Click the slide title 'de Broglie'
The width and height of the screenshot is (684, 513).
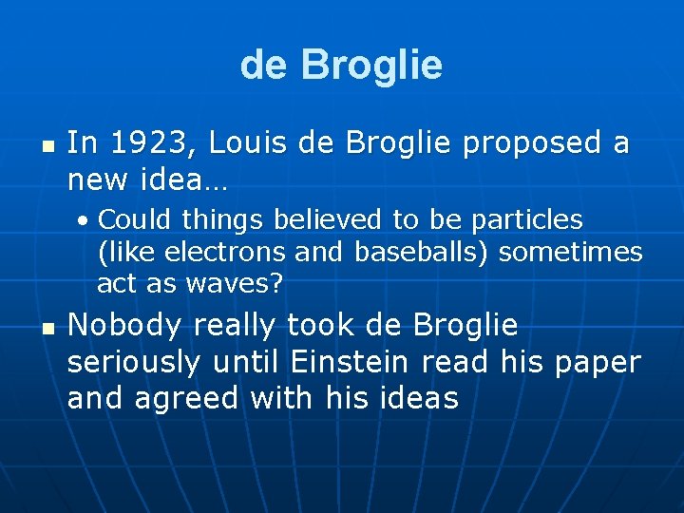point(341,65)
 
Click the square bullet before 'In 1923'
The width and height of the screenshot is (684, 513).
point(47,147)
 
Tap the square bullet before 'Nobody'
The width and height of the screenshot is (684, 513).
point(47,330)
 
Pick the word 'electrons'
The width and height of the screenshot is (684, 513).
point(224,252)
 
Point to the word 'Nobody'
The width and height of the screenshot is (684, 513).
point(124,325)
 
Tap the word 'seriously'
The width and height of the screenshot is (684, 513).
point(134,362)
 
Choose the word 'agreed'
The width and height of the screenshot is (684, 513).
point(188,399)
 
